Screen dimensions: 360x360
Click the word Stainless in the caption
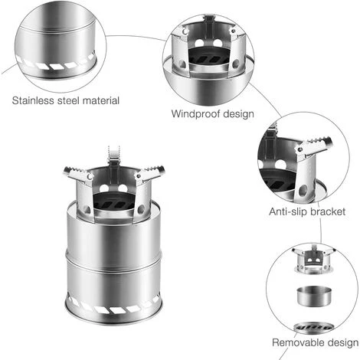click(x=33, y=100)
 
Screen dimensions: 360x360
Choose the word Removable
click(x=298, y=342)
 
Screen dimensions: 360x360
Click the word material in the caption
click(x=101, y=100)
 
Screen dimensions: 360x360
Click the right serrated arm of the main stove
click(x=149, y=173)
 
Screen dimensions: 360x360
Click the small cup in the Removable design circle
click(x=315, y=296)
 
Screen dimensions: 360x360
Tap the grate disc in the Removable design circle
click(x=313, y=327)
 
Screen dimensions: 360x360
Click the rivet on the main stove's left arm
click(x=90, y=176)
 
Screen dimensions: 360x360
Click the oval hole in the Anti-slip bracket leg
click(x=303, y=190)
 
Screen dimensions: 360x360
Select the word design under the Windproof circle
click(x=239, y=114)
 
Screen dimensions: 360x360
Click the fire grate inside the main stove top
click(x=114, y=203)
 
